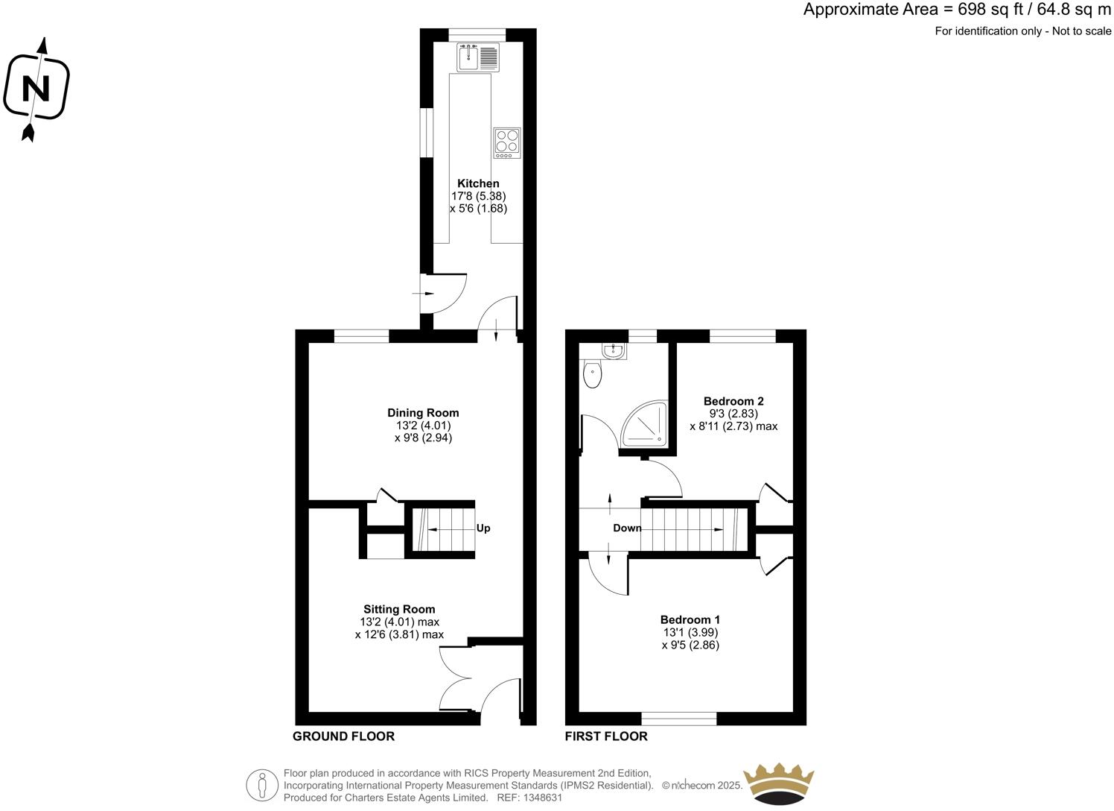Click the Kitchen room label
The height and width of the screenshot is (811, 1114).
click(478, 183)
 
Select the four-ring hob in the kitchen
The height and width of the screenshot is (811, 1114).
click(506, 142)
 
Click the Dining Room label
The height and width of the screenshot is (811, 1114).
click(423, 413)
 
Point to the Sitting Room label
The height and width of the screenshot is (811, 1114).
click(399, 609)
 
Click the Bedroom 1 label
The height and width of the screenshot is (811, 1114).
click(690, 619)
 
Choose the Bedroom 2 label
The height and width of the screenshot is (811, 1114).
click(733, 401)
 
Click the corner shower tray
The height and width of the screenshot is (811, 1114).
click(643, 426)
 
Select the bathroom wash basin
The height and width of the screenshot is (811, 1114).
click(614, 349)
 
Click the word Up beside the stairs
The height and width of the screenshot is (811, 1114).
click(483, 528)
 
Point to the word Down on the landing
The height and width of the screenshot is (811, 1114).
click(627, 528)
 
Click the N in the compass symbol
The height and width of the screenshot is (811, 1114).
click(36, 89)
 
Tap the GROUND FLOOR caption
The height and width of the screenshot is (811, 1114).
click(343, 736)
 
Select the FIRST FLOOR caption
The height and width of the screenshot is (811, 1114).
click(606, 736)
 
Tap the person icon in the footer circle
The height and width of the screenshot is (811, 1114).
click(261, 785)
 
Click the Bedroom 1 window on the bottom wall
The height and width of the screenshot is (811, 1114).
click(679, 719)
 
